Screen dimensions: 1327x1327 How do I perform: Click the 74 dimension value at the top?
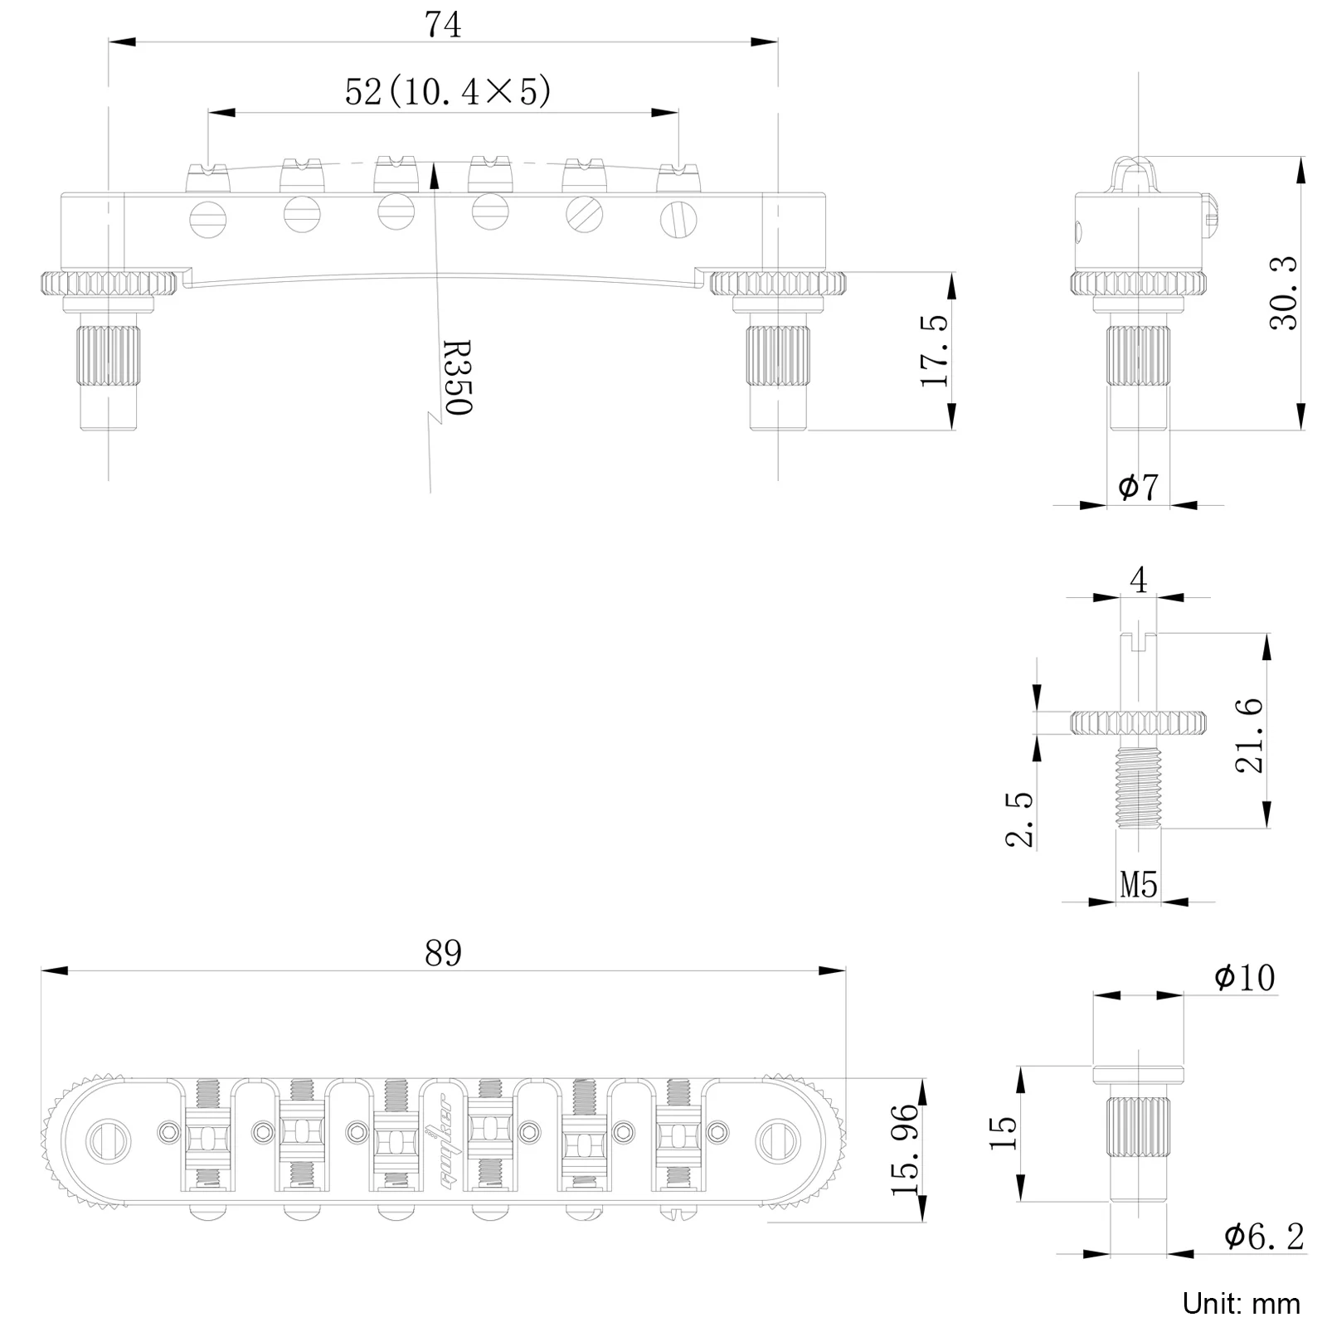tap(443, 25)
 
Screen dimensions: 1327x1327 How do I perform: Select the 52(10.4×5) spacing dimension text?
tap(448, 91)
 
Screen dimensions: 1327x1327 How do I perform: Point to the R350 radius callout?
tap(457, 377)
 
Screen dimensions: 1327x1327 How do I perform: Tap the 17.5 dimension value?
tap(934, 351)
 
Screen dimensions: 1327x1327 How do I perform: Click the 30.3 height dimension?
tap(1284, 294)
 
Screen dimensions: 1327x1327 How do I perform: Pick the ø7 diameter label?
tap(1138, 487)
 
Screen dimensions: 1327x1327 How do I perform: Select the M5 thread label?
tap(1138, 885)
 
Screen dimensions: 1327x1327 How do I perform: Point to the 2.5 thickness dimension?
tap(1021, 819)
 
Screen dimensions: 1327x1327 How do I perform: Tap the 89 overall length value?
tap(443, 954)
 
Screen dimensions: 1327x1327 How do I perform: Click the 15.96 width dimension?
tap(907, 1149)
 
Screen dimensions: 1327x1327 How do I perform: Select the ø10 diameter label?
tap(1244, 979)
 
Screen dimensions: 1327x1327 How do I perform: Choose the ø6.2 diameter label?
tap(1263, 1237)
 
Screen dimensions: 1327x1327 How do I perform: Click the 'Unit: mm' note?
tap(1241, 1303)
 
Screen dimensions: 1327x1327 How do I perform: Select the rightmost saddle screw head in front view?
tap(678, 219)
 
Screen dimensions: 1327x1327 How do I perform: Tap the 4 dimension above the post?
tap(1138, 580)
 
